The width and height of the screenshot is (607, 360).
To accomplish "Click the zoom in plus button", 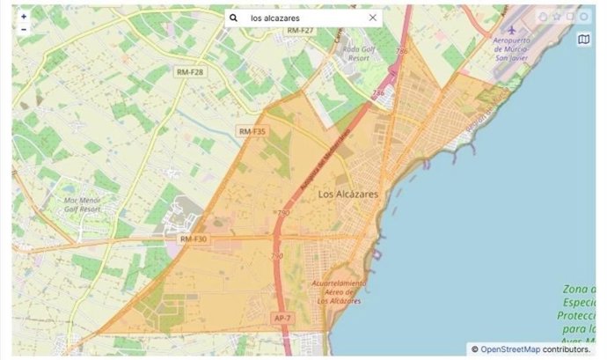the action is click(x=24, y=17).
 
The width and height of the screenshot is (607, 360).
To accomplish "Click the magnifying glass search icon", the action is click(x=234, y=18).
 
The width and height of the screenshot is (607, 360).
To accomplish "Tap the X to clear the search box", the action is click(x=372, y=18).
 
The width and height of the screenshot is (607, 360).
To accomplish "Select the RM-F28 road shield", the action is click(x=189, y=71).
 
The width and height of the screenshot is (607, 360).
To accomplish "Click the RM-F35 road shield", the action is click(x=252, y=131).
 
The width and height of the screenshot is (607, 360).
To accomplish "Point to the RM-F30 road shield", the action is click(x=193, y=239).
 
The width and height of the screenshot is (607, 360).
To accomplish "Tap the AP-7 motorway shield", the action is click(x=282, y=318).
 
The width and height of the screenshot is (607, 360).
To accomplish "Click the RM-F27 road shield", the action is click(x=299, y=31).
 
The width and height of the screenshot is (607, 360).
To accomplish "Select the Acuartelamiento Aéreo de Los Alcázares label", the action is click(x=338, y=292).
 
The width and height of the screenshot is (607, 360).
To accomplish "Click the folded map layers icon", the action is click(x=584, y=39).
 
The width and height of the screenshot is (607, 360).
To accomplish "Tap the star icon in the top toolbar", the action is click(x=556, y=17).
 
